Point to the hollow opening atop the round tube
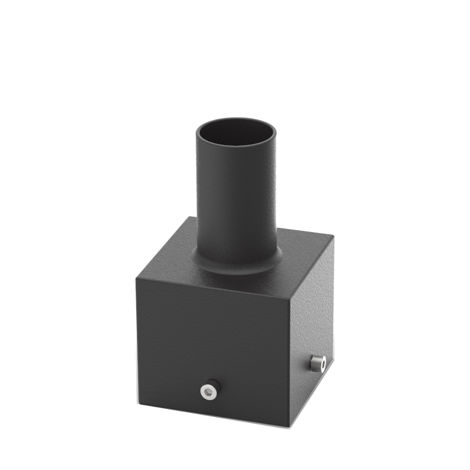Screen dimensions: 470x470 [x=236, y=132]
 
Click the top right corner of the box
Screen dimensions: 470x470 [x=333, y=237]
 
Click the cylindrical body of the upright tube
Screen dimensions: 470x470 [x=236, y=200]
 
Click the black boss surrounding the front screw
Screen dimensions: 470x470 [x=214, y=385]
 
